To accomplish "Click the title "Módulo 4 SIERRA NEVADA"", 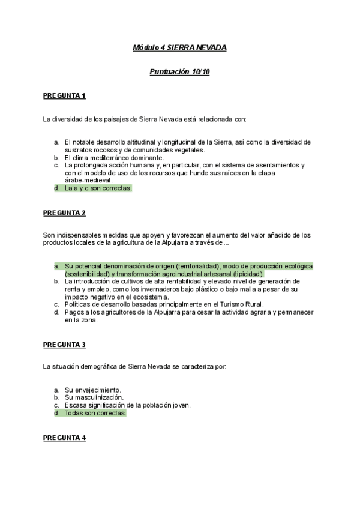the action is (x=179, y=47).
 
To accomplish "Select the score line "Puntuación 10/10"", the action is (x=179, y=71).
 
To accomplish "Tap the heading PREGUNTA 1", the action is (x=64, y=95).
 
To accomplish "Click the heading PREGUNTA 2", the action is (x=64, y=212).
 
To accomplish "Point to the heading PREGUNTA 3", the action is (x=64, y=345).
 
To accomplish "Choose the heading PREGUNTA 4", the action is (x=64, y=438).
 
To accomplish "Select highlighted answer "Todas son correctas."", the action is (x=95, y=414).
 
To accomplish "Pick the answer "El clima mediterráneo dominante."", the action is (x=114, y=158).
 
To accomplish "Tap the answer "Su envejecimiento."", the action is (x=93, y=390).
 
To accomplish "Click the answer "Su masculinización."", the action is (x=94, y=397).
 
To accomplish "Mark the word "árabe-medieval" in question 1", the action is (x=88, y=179).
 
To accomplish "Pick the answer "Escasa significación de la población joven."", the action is (x=128, y=405).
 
